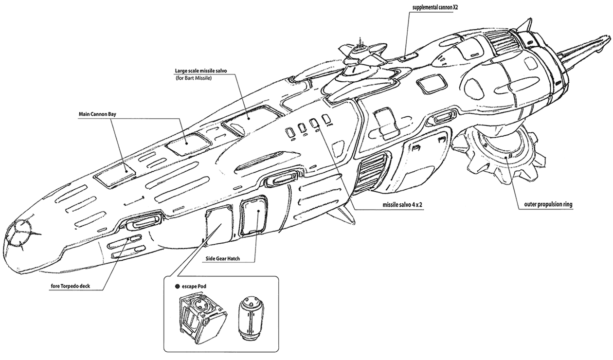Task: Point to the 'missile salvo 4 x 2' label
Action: point(402,205)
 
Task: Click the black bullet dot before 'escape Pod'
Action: point(178,287)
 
